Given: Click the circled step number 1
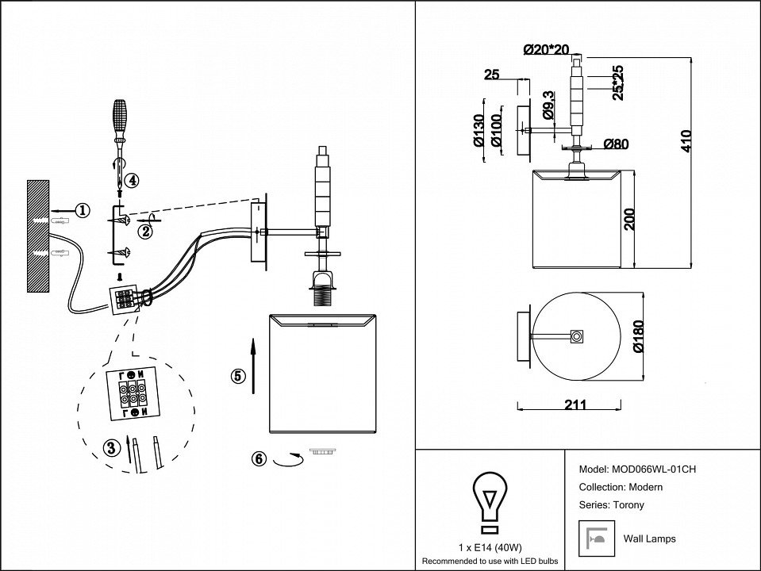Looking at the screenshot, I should pos(82,210).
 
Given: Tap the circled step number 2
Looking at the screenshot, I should pos(144,232).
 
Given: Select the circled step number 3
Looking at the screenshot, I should pos(112,448).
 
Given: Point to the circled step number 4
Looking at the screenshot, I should pos(132,180).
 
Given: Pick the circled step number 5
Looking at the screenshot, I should pos(237,377).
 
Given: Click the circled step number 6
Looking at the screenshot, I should pos(259,458).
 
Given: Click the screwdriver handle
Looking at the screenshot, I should pos(119,116).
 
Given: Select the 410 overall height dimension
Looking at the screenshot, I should pos(686,141).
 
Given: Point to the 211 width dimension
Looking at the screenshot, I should pos(575,404).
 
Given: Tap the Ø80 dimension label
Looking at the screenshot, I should pos(616,144).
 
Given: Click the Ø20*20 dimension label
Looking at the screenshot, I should pos(547,50).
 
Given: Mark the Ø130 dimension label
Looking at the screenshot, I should pos(479,132).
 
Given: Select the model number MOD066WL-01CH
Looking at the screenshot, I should pos(652,469).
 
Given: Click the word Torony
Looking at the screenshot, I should pos(628,504).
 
